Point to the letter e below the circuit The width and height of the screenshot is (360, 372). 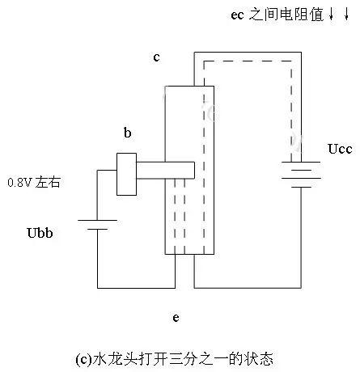[176, 317]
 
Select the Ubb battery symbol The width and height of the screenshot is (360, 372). [97, 224]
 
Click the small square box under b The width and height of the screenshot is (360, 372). [127, 173]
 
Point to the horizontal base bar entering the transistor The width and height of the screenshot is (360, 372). [166, 170]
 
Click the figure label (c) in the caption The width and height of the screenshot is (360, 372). [83, 357]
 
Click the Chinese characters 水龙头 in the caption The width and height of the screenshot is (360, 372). [111, 357]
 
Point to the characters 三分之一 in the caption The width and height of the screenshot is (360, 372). [186, 357]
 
